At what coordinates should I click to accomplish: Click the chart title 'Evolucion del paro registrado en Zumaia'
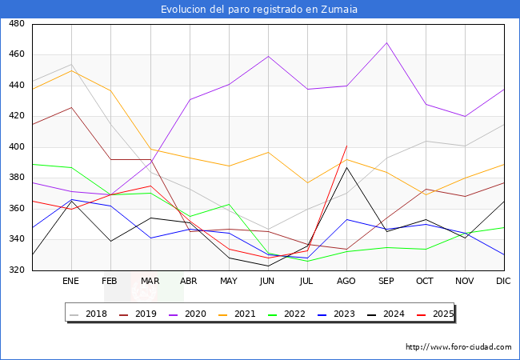[259, 9]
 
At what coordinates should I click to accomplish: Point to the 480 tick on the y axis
[15, 24]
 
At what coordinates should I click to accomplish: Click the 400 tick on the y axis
[15, 147]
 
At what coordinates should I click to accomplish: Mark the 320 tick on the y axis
[15, 270]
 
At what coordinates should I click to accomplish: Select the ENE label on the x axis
[71, 282]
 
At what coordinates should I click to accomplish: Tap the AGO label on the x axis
[346, 282]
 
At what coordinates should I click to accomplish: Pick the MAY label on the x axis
[229, 282]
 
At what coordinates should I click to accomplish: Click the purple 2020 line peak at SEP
[386, 42]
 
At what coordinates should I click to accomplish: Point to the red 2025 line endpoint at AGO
[346, 146]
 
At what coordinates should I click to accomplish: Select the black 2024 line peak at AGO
[346, 167]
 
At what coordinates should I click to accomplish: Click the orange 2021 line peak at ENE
[71, 70]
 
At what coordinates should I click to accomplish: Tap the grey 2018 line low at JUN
[268, 229]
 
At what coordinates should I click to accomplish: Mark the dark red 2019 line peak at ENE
[71, 107]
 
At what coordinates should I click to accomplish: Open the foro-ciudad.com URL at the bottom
[458, 347]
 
